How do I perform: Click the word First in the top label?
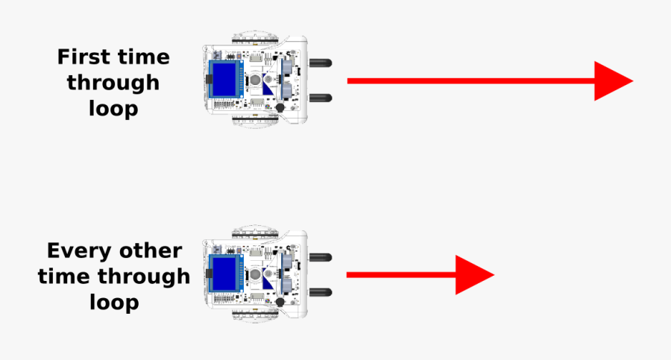[x=83, y=57]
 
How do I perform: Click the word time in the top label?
[x=143, y=57]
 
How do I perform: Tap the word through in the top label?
[x=113, y=83]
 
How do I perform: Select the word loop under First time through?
[x=113, y=107]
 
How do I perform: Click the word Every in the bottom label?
[x=79, y=251]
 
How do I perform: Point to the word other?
[x=151, y=251]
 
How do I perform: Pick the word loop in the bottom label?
[x=114, y=302]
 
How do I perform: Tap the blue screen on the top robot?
[x=224, y=79]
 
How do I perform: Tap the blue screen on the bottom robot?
[x=224, y=273]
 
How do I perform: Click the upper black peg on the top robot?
[x=320, y=63]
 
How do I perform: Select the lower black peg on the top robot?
[x=320, y=98]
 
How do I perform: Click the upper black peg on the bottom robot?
[x=320, y=257]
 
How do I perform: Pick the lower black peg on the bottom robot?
[x=320, y=292]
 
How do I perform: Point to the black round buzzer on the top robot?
[x=280, y=107]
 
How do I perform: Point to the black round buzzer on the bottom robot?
[x=280, y=302]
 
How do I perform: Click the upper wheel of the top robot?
[x=255, y=38]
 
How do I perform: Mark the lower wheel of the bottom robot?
[x=255, y=315]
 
